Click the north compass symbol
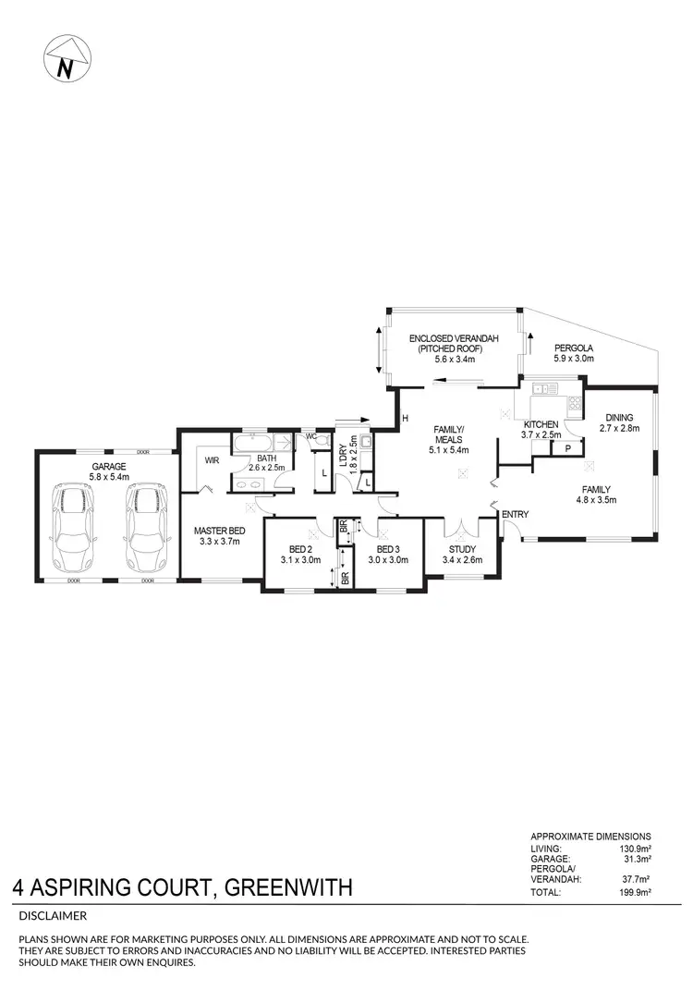pyautogui.click(x=64, y=62)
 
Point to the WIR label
pyautogui.click(x=211, y=459)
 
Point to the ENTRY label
pyautogui.click(x=515, y=514)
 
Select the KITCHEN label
pyautogui.click(x=541, y=423)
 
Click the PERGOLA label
pyautogui.click(x=573, y=348)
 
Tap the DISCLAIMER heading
pyautogui.click(x=53, y=916)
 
